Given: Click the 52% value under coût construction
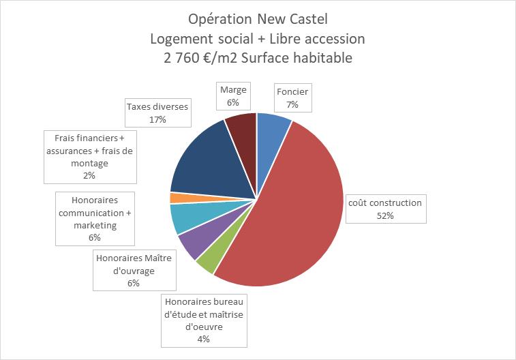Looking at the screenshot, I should coord(384,215).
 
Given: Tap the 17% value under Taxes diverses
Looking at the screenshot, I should coord(157,119).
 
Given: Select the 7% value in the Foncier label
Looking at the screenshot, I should coord(292,104).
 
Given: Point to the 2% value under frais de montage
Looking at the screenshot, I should coord(89,175).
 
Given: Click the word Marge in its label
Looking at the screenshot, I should coord(233,90).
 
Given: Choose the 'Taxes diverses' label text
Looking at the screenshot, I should coord(157,106).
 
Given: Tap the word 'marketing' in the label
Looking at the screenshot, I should coord(94,225).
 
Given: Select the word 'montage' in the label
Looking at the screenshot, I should coord(89,163).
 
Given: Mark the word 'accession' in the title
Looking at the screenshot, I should coord(336,38).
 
